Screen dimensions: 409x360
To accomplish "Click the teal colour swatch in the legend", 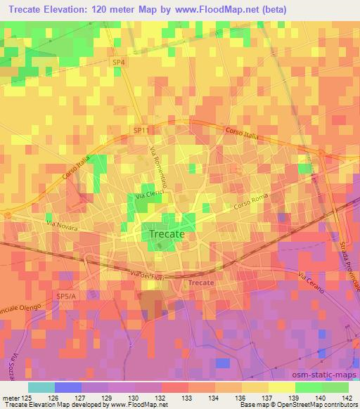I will [41, 387].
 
